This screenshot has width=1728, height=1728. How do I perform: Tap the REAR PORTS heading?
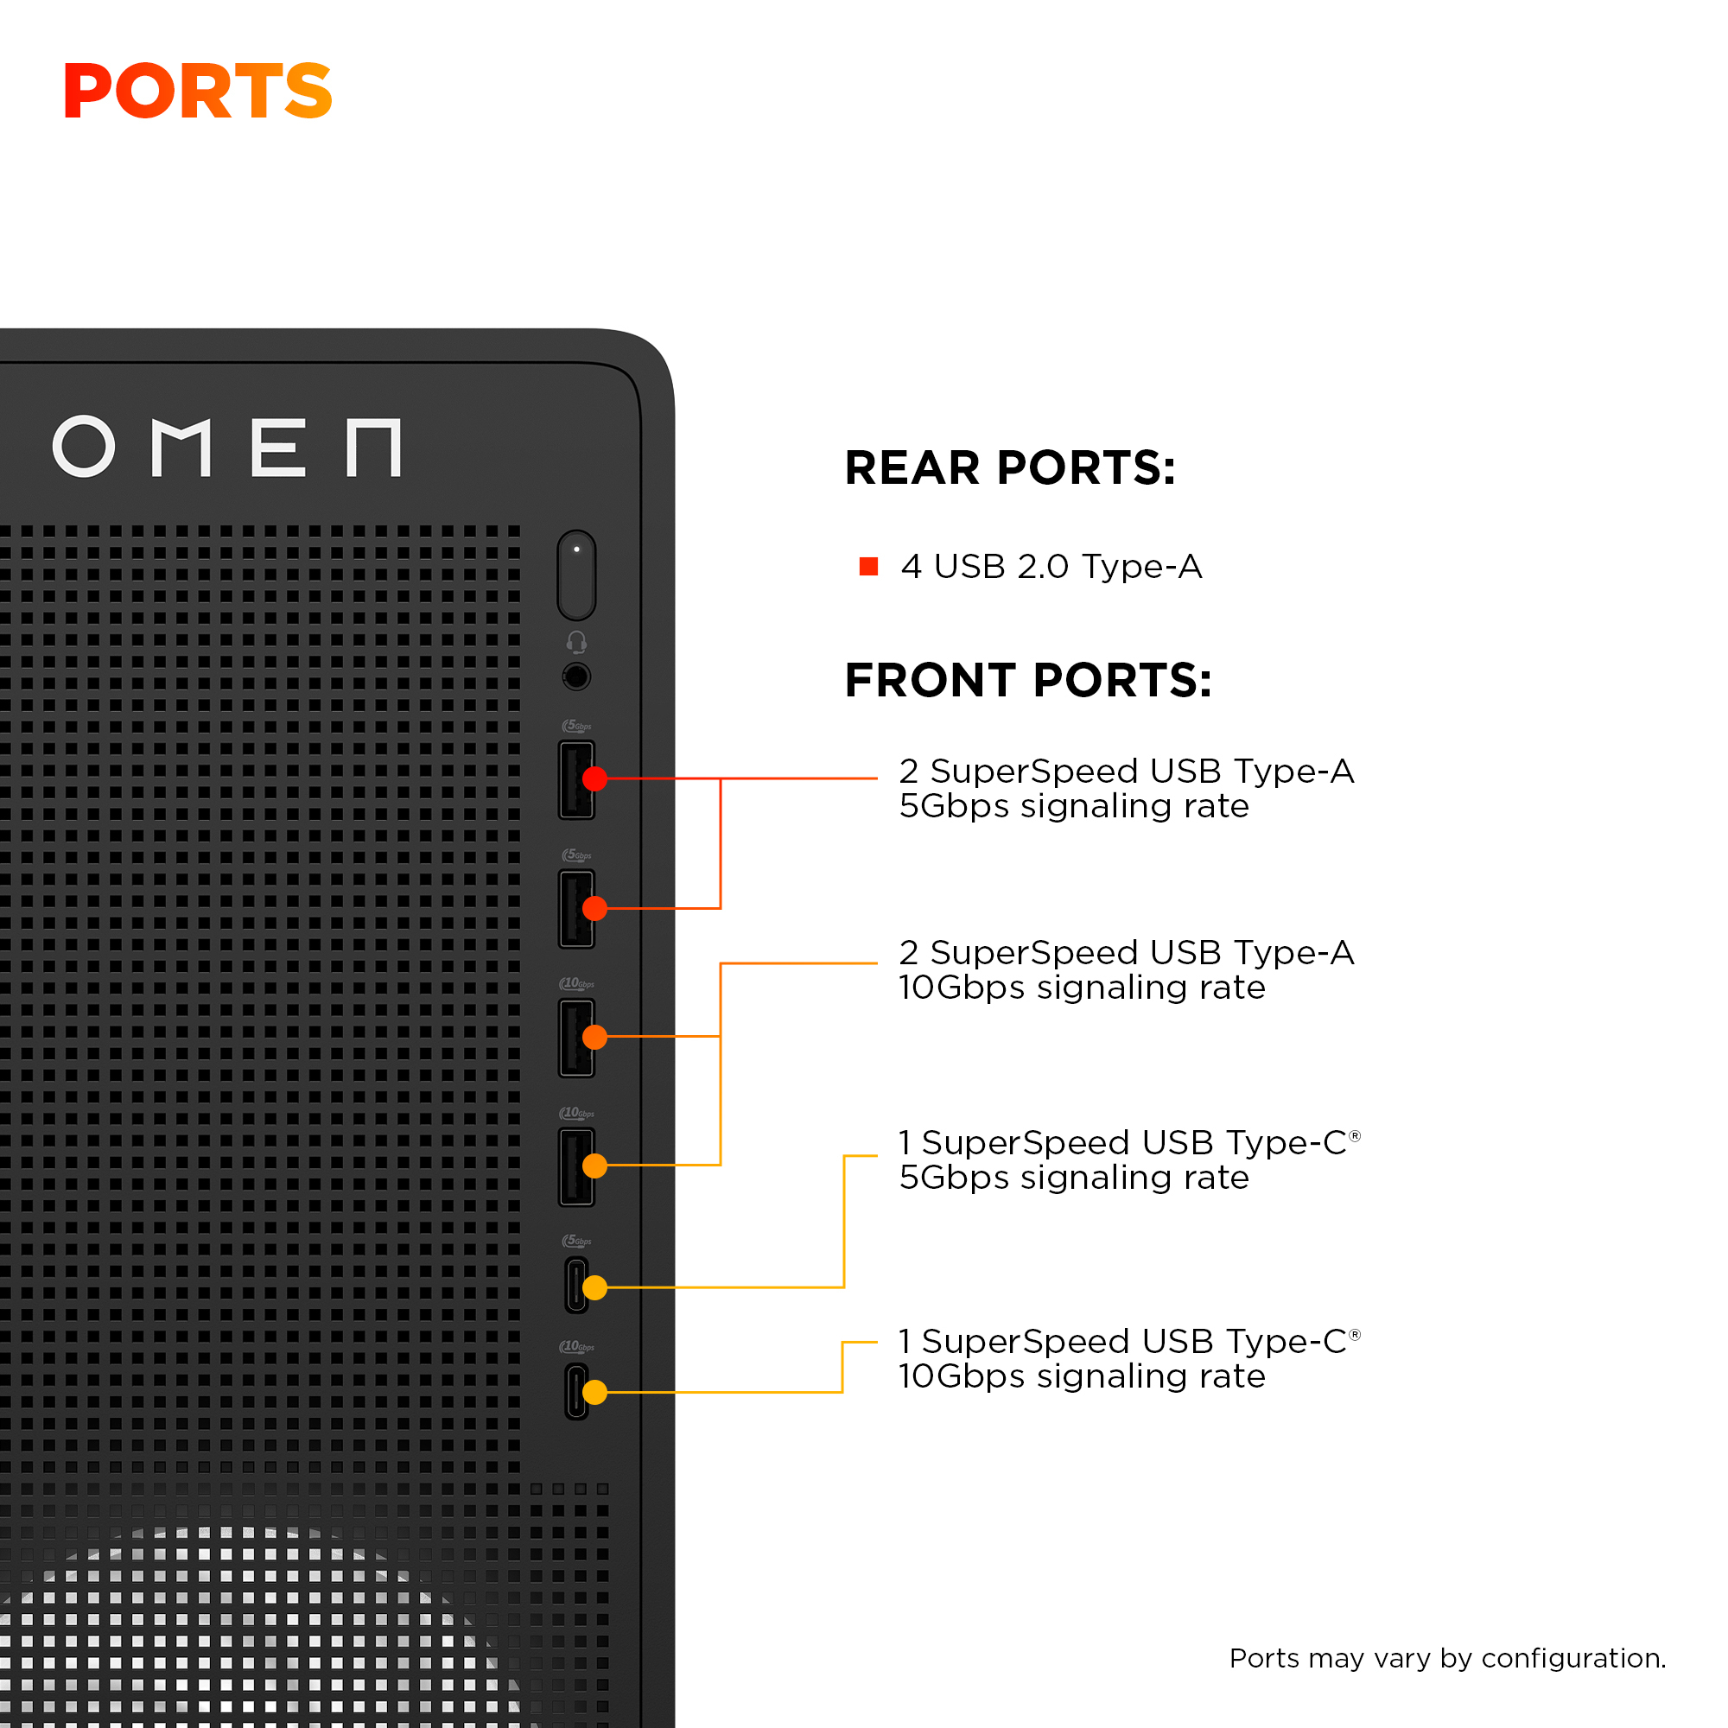[x=1009, y=467]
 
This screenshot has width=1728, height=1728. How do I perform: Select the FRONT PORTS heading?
[x=1027, y=680]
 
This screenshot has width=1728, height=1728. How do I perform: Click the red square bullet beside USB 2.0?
[x=867, y=566]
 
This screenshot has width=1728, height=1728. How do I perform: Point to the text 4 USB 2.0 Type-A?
[x=1051, y=566]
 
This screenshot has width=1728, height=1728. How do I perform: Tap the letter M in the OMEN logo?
[x=181, y=447]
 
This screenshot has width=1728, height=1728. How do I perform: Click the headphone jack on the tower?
[x=577, y=677]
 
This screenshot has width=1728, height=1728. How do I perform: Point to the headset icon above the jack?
[x=577, y=641]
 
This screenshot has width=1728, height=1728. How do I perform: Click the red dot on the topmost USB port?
[x=594, y=778]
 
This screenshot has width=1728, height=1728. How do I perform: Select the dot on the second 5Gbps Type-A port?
[x=594, y=908]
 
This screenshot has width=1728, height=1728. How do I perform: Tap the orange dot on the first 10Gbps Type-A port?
[x=594, y=1037]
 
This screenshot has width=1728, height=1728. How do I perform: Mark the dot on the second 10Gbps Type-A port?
[x=594, y=1166]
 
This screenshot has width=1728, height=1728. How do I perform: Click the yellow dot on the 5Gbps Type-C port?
[x=594, y=1287]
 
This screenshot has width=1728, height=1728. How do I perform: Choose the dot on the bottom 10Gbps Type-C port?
[x=594, y=1392]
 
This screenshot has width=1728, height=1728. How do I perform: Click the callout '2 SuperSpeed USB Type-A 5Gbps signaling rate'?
[x=1126, y=788]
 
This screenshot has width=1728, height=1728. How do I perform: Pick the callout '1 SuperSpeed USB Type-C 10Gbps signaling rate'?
[x=1128, y=1357]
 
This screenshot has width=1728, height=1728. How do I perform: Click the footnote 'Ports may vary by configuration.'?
[x=1447, y=1657]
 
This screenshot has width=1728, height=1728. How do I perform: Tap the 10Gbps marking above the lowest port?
[x=577, y=1346]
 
